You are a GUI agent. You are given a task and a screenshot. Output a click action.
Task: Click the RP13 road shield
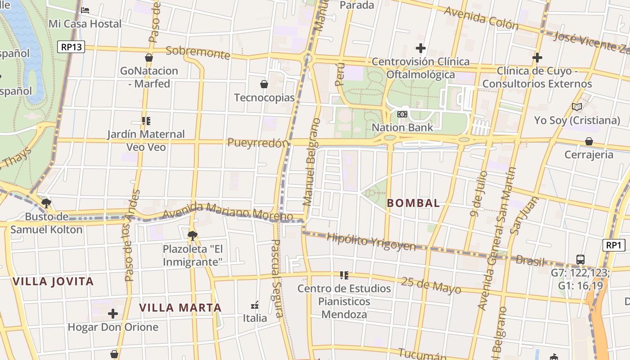(71, 47)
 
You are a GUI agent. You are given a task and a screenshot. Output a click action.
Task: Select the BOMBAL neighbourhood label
(414, 203)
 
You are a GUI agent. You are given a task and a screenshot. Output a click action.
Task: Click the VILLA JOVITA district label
(53, 282)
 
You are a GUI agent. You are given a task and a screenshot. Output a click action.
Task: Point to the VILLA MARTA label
(180, 308)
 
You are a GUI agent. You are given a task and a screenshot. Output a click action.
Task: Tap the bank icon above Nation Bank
(402, 114)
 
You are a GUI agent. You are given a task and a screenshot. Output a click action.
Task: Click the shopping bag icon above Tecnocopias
(264, 84)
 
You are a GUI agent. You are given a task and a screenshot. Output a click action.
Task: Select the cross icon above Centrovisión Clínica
(421, 48)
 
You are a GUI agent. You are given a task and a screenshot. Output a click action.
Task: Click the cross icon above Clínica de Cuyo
(537, 58)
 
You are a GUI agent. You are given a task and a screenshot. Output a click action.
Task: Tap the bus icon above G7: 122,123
(580, 260)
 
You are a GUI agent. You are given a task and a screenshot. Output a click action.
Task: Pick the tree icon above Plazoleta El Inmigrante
(192, 235)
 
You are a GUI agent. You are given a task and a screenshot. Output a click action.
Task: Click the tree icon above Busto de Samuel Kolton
(46, 203)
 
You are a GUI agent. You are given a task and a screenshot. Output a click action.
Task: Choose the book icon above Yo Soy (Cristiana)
(577, 107)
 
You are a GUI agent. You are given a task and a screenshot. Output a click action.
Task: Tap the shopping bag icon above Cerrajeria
(589, 141)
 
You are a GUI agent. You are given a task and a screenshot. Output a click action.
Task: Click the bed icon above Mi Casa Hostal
(85, 10)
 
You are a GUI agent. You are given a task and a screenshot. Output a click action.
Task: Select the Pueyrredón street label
(258, 143)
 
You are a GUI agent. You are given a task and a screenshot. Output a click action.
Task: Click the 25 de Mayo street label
(431, 284)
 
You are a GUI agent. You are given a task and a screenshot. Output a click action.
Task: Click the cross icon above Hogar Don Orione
(113, 314)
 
